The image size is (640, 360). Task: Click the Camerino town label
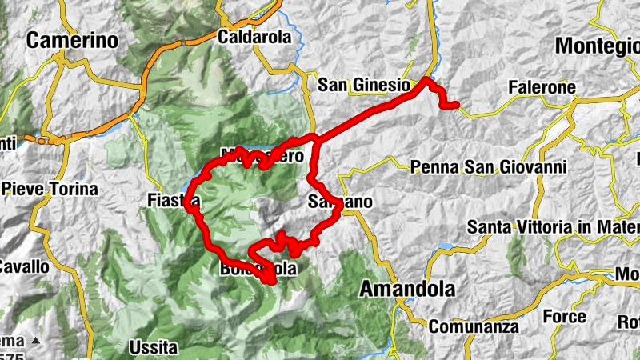click(72, 41)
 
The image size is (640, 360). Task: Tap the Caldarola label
click(250, 37)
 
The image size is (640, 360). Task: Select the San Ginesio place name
click(363, 85)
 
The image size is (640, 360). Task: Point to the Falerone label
click(542, 86)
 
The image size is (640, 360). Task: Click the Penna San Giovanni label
click(488, 167)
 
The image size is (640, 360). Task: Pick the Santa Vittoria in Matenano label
click(552, 227)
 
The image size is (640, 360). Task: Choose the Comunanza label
click(473, 326)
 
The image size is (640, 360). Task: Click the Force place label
click(565, 316)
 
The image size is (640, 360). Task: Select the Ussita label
click(153, 348)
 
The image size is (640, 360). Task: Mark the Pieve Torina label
click(50, 190)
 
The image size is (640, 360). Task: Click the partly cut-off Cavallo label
click(25, 266)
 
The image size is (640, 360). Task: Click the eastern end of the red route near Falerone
click(454, 105)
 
